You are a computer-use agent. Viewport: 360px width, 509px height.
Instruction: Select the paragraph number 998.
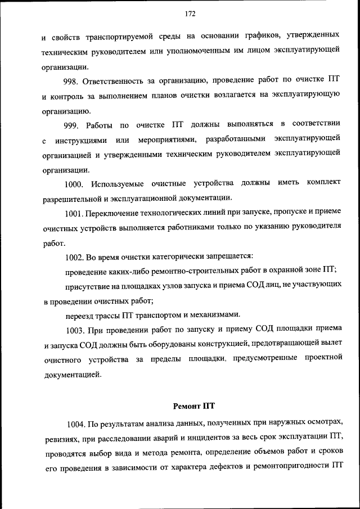pyautogui.click(x=74, y=80)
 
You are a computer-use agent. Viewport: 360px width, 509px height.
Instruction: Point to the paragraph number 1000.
pyautogui.click(x=74, y=183)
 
